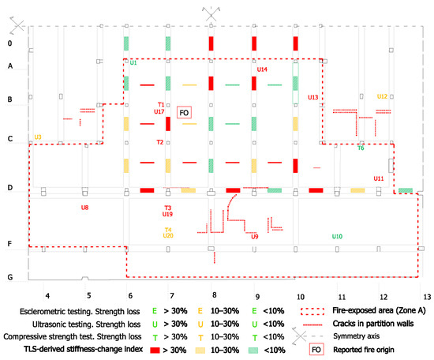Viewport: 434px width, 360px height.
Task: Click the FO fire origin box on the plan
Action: coord(184,112)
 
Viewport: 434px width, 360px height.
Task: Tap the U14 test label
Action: coord(262,69)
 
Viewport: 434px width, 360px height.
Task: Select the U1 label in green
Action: coord(133,63)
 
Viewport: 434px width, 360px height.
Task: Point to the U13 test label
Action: coord(313,97)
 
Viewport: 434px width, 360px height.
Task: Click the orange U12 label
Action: coord(382,96)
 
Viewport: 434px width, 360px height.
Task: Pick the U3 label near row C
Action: coord(38,137)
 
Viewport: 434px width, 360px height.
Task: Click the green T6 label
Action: coord(361,148)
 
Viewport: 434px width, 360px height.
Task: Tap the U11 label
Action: coord(379,178)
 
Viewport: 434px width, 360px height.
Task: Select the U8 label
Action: coord(84,208)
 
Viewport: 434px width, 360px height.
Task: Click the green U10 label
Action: coord(337,237)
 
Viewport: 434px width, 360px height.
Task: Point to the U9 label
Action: coord(255,237)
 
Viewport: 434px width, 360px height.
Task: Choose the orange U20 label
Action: coord(168,236)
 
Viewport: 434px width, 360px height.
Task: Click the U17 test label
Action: coord(159,111)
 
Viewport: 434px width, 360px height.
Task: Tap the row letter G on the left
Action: coord(10,277)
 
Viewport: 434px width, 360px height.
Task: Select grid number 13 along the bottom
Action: coord(427,297)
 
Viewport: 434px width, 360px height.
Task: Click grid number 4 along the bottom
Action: coord(47,296)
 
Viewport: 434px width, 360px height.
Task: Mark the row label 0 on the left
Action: coord(10,43)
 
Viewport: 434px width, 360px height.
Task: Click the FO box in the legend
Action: coord(316,350)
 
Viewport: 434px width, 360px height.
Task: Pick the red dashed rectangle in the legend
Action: coord(312,311)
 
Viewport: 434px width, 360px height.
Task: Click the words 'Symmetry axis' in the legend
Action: coord(356,336)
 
